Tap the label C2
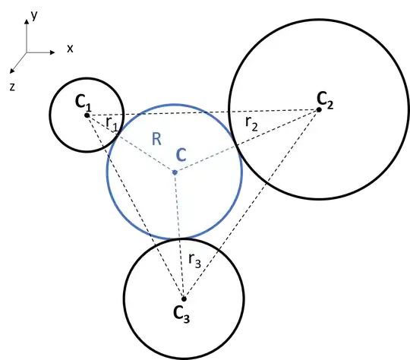pos(324,98)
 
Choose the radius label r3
pos(194,262)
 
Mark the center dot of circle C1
pos(87,115)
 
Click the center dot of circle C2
pos(319,109)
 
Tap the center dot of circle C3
pos(183,298)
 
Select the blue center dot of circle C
pos(175,172)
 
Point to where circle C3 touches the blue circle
pos(178,238)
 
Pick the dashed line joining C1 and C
pos(133,145)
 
